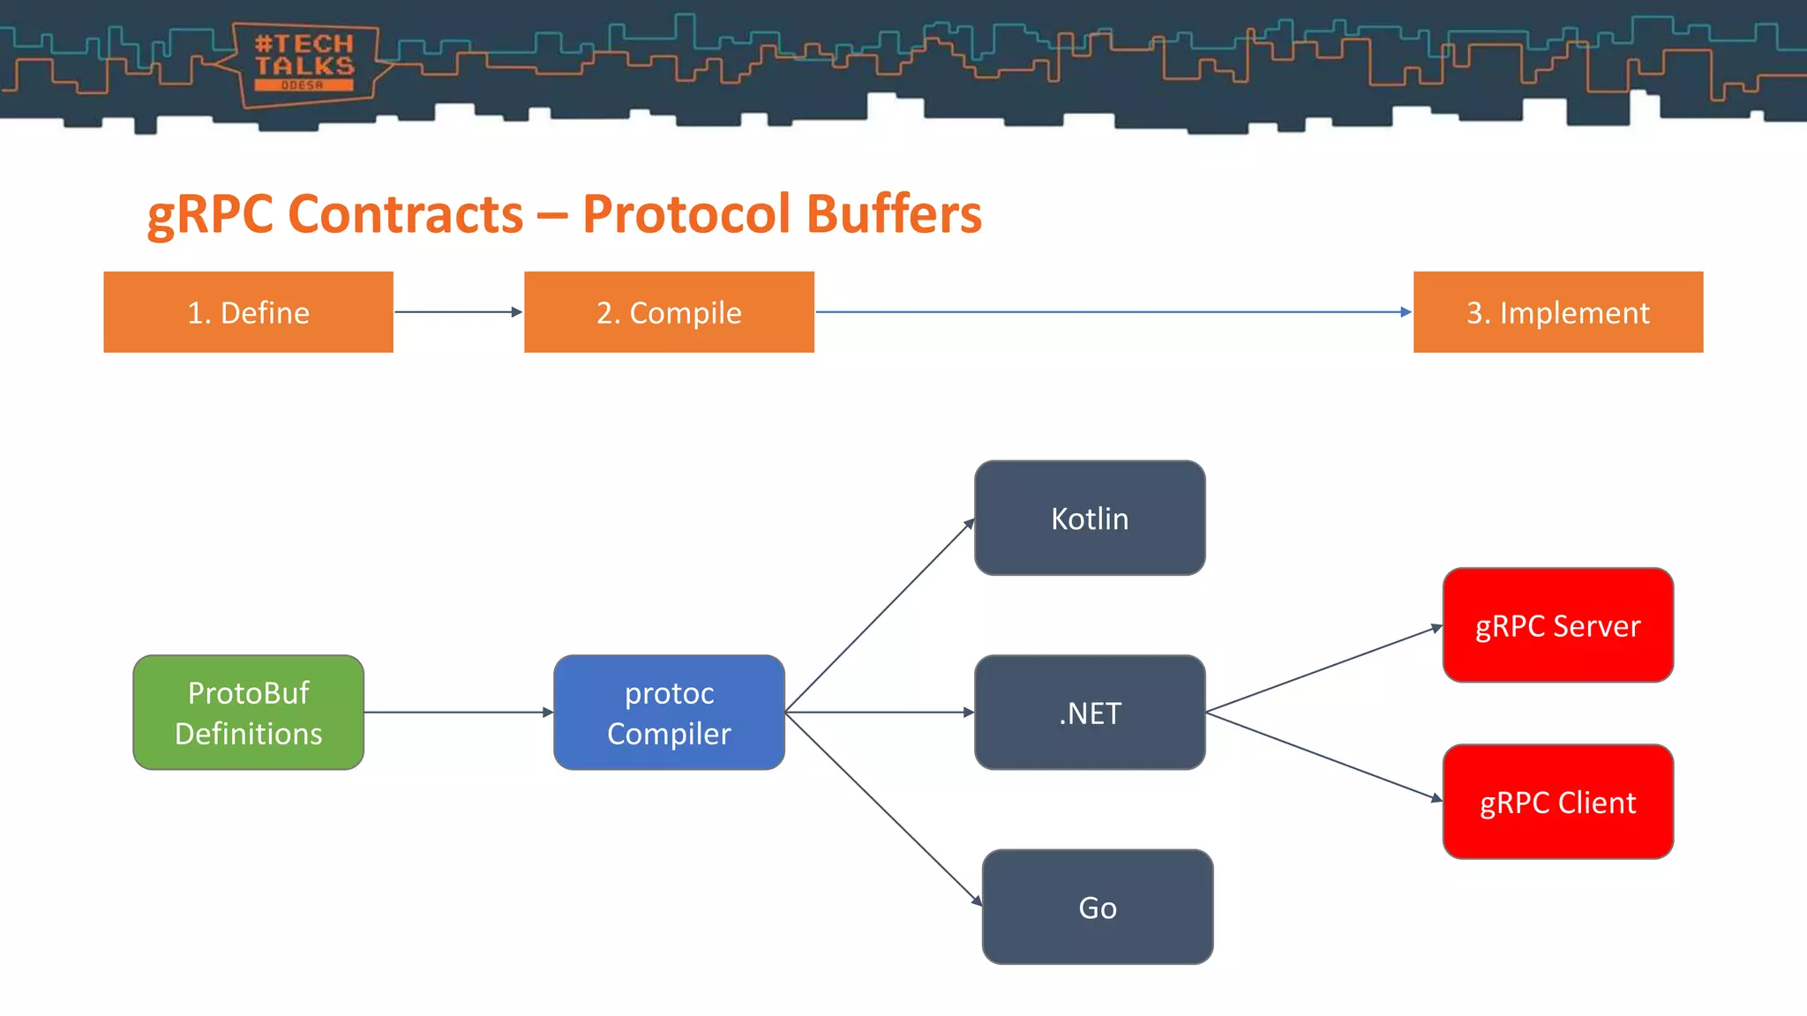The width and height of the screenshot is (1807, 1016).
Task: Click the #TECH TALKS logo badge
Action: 304,63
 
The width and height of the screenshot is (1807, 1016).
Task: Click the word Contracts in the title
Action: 405,214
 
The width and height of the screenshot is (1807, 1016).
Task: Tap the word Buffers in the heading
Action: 893,214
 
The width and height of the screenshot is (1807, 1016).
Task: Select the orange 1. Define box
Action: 248,312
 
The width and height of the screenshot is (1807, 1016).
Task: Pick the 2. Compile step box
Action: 669,312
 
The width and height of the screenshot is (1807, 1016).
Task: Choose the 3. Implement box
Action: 1557,312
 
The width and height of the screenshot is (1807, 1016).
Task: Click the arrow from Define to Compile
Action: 457,311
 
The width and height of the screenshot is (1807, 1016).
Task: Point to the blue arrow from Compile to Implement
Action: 1112,311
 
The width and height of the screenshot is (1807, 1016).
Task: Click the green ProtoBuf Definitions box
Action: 248,713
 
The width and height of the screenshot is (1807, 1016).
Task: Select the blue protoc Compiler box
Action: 669,713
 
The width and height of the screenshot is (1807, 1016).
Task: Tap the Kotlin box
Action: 1090,519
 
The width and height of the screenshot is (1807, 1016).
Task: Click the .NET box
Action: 1090,713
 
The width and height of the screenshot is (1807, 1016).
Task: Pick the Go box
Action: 1098,908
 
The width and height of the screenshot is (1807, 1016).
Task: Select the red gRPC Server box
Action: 1557,625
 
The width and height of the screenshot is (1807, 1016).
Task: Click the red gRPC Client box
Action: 1557,803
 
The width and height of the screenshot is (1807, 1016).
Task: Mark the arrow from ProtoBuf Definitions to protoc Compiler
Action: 457,712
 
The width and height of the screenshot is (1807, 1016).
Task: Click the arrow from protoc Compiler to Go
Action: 882,808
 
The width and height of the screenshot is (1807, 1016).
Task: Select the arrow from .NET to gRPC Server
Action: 1323,669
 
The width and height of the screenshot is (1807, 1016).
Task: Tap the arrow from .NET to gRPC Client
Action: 1323,756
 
